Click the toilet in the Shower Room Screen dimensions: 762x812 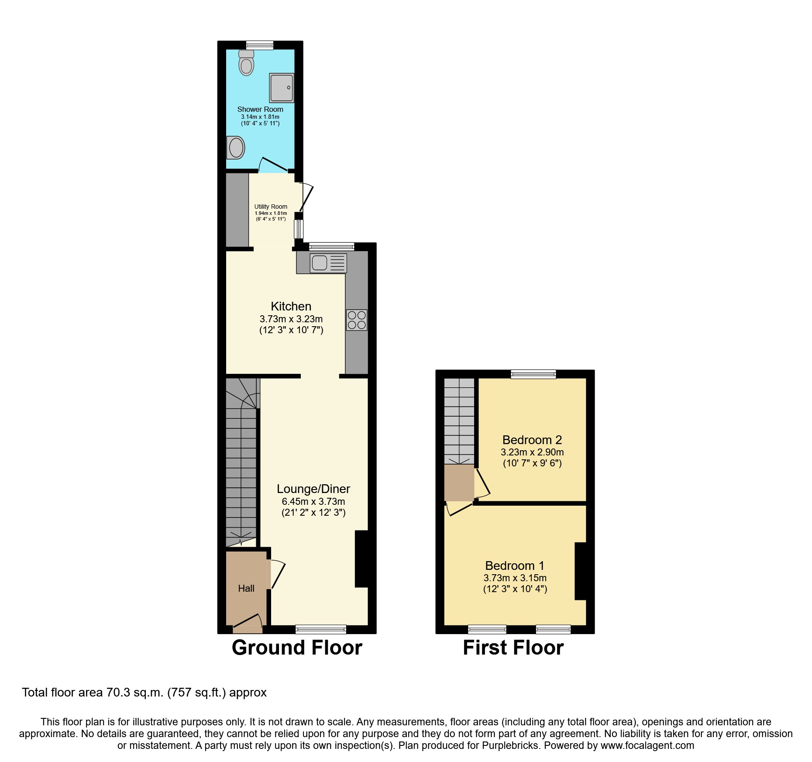(247, 63)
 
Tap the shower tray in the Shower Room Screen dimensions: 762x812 (282, 88)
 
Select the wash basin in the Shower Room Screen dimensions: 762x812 (236, 148)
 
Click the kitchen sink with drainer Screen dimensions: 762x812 (328, 263)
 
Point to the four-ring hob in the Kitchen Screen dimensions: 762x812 (357, 320)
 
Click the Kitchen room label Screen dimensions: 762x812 (291, 307)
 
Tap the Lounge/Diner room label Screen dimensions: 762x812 (313, 489)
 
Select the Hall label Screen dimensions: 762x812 (246, 589)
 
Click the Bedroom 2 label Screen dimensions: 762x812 (532, 440)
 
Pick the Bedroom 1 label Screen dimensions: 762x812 (515, 566)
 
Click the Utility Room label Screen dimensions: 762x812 (271, 207)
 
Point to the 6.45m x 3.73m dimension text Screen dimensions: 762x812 (313, 502)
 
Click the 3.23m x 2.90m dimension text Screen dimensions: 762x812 (532, 452)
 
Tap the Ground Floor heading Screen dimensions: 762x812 (297, 648)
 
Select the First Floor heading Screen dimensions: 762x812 (513, 648)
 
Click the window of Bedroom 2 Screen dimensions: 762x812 (533, 374)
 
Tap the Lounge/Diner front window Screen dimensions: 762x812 (321, 629)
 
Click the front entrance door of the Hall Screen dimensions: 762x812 (248, 623)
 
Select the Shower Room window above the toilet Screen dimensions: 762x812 (260, 45)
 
